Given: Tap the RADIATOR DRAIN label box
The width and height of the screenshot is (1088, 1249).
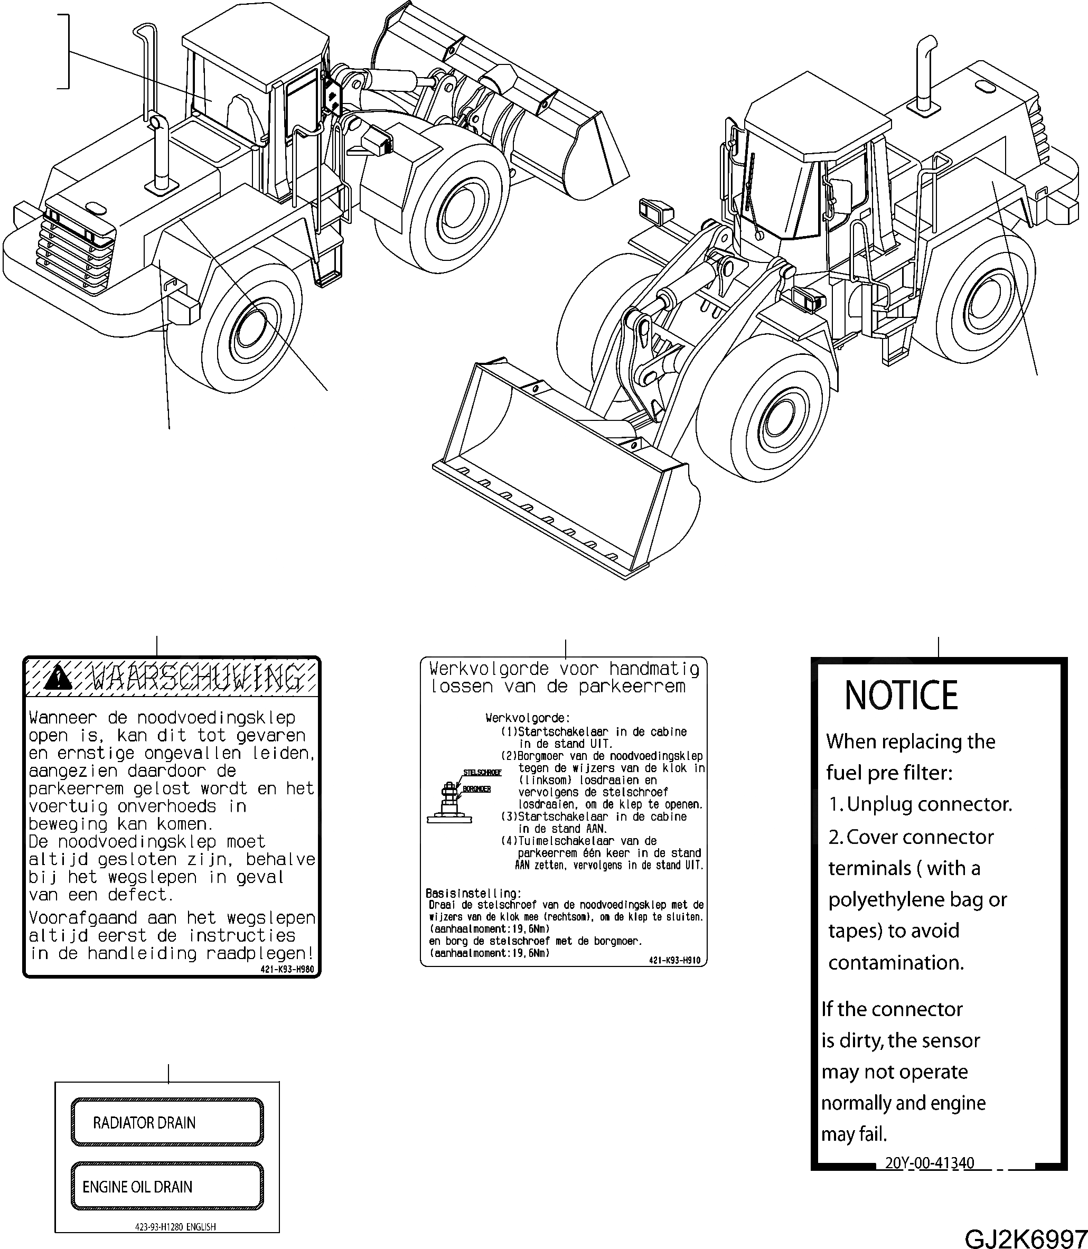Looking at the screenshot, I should (x=167, y=1122).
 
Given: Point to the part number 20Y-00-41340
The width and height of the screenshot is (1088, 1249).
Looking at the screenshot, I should (x=929, y=1162).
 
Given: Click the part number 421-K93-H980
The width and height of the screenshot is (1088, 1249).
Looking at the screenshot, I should (x=287, y=969).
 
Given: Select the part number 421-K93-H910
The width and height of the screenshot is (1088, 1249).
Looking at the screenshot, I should (x=674, y=960).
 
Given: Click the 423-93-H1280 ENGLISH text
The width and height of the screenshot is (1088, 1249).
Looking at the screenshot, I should (x=175, y=1226).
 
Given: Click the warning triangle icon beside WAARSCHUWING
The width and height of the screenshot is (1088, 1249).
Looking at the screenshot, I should (x=58, y=678).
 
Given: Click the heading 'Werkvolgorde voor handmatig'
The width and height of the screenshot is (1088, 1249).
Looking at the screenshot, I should (x=564, y=669).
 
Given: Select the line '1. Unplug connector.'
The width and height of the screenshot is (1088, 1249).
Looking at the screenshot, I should (x=920, y=804).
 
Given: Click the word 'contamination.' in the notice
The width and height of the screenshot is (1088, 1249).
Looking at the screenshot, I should (x=896, y=962).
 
